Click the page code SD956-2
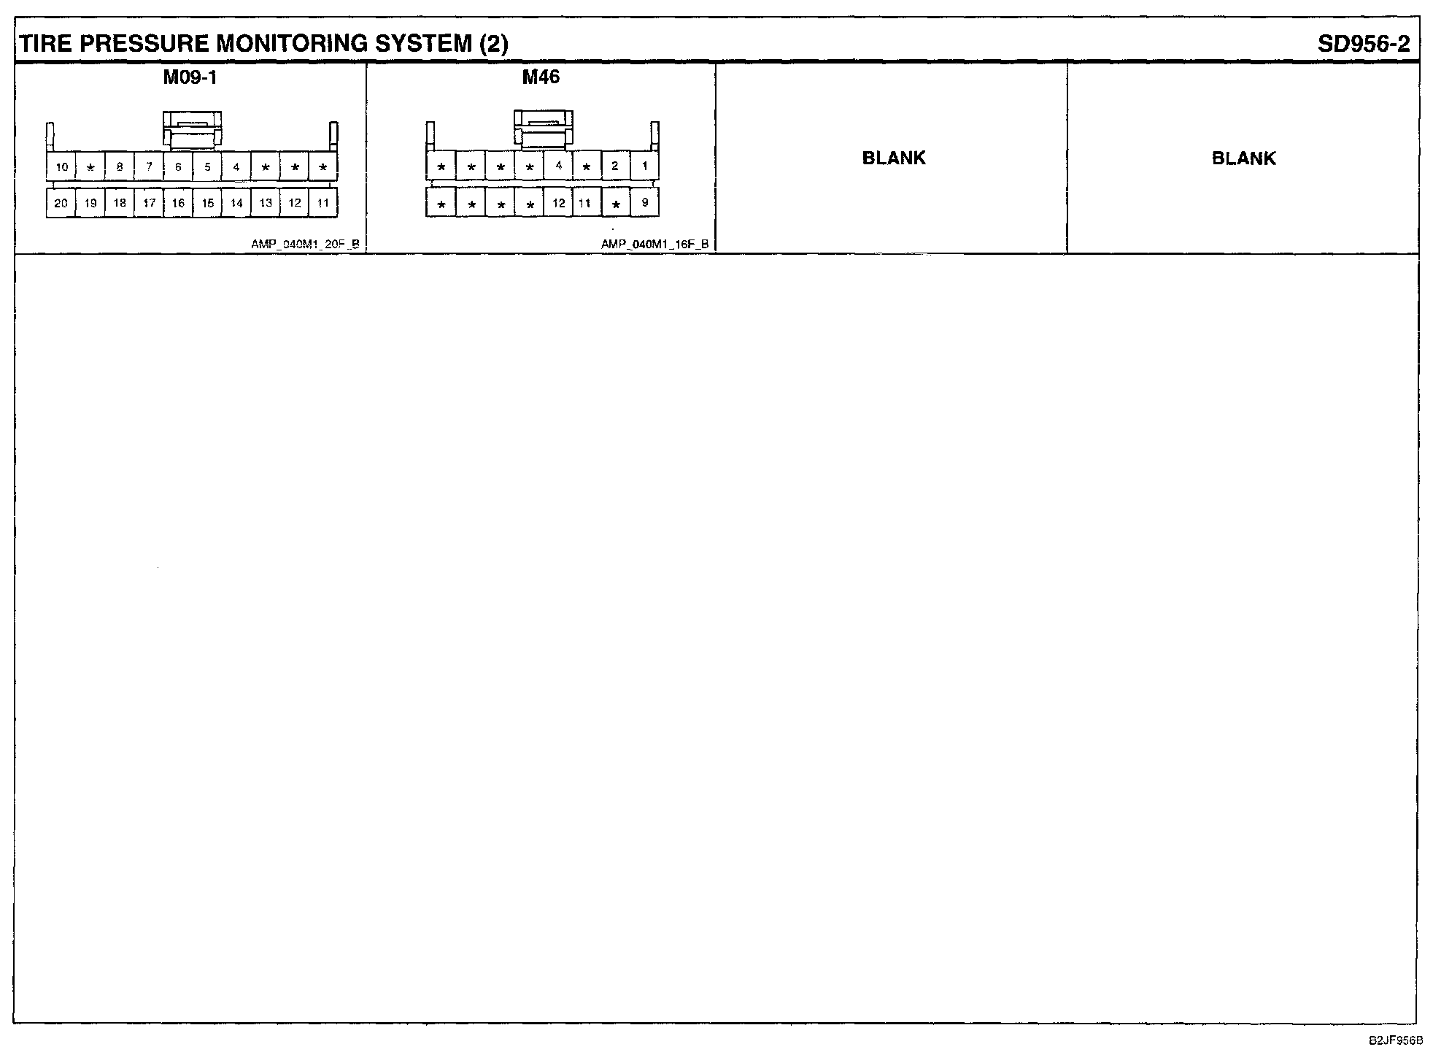1364,44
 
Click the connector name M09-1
190,77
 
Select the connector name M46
541,77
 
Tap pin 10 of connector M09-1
61,167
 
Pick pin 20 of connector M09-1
61,203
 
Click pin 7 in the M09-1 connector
149,167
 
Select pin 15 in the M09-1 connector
207,203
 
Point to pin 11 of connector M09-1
323,203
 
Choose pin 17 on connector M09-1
149,203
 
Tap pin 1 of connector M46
644,166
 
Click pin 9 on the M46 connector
644,202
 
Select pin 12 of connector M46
558,203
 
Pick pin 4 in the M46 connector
558,166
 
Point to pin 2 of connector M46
615,166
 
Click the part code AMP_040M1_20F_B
305,245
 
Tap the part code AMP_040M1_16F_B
654,245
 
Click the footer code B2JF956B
1395,1040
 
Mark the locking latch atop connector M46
543,128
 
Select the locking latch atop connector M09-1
192,130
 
